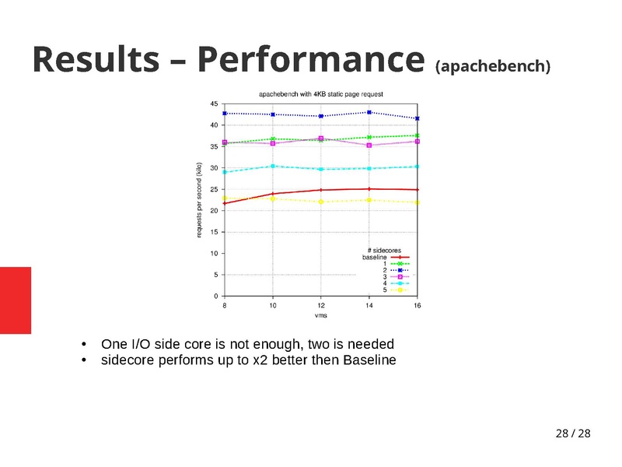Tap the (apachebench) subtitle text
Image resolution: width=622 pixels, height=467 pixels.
pos(493,67)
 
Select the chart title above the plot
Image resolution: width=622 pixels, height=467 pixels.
pos(320,93)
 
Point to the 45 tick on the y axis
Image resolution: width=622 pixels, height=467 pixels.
pos(214,104)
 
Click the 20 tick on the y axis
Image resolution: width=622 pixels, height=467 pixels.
pos(214,211)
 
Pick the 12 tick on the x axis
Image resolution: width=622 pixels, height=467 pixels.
pos(320,306)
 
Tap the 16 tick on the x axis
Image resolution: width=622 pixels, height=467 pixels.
pos(417,306)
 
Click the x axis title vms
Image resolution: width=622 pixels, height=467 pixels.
pos(320,316)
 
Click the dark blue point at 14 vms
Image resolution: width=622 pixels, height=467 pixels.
pos(369,112)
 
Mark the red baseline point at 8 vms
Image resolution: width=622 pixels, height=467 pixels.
pos(225,203)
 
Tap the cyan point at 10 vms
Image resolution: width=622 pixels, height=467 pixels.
pos(273,166)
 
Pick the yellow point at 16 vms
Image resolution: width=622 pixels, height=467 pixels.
pos(418,202)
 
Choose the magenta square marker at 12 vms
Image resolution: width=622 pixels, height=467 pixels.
pos(321,139)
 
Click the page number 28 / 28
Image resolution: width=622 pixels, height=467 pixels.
pos(573,433)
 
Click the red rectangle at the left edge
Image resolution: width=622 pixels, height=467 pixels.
pos(16,300)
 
